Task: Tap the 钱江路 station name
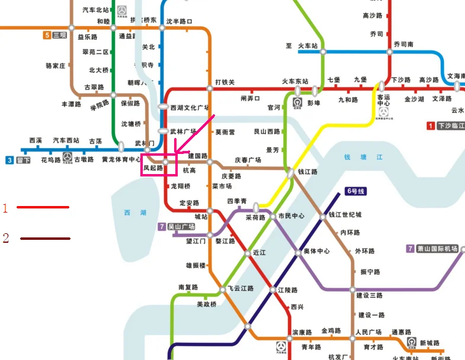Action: pyautogui.click(x=307, y=172)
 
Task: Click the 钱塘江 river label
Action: pyautogui.click(x=364, y=157)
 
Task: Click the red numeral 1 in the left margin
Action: pyautogui.click(x=5, y=208)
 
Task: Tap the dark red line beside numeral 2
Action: pyautogui.click(x=45, y=239)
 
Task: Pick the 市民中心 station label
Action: pyautogui.click(x=291, y=216)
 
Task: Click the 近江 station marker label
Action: pyautogui.click(x=259, y=252)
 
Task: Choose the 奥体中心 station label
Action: pyautogui.click(x=316, y=252)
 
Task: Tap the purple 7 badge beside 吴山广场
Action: pyautogui.click(x=162, y=227)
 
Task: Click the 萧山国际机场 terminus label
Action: pyautogui.click(x=437, y=249)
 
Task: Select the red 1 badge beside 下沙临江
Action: pyautogui.click(x=431, y=126)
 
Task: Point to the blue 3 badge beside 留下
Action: pyautogui.click(x=10, y=160)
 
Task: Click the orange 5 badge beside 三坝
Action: pyautogui.click(x=47, y=35)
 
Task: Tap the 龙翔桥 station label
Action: pyautogui.click(x=181, y=185)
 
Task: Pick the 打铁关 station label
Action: pyautogui.click(x=225, y=82)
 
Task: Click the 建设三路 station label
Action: pyautogui.click(x=369, y=295)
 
